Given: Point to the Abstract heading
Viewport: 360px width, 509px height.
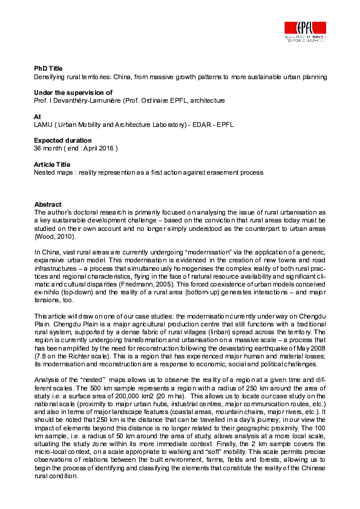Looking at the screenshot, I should [x=48, y=204].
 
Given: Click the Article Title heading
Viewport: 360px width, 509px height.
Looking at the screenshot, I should [x=52, y=164].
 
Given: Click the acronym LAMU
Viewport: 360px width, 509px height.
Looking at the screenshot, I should [x=44, y=125].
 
